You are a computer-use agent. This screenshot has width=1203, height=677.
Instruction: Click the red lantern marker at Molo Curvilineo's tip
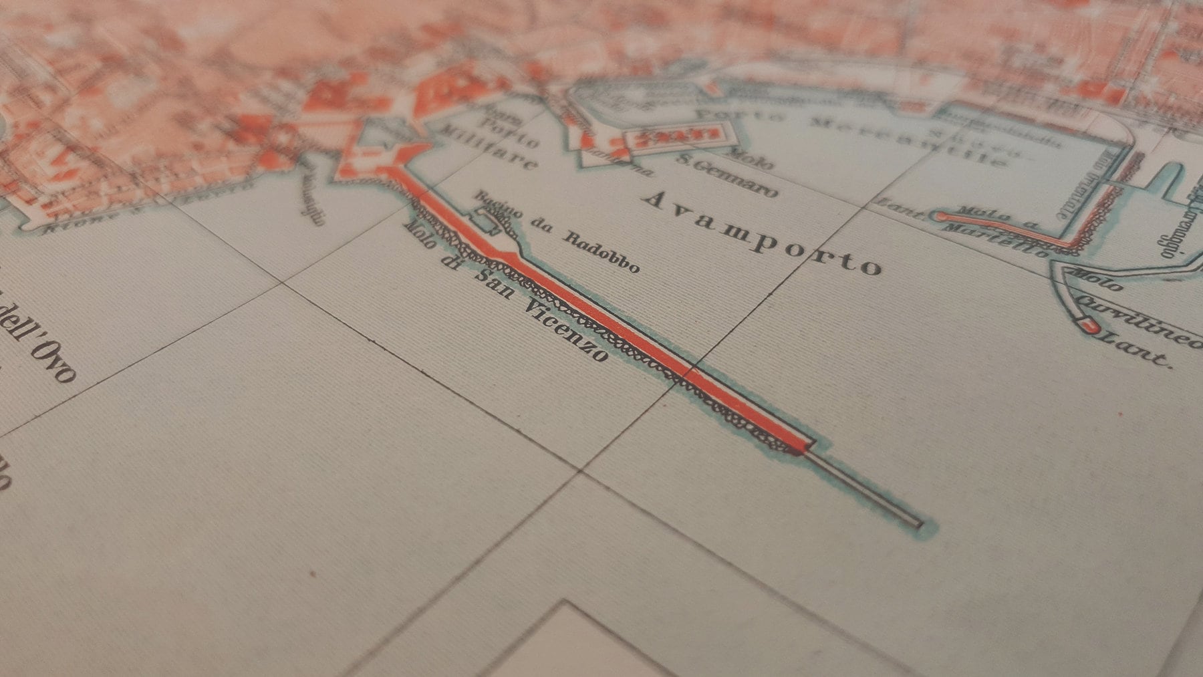[1088, 325]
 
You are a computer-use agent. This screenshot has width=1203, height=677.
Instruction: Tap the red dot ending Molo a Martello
[942, 216]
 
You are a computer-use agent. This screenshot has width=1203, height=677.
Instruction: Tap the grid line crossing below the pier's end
[579, 471]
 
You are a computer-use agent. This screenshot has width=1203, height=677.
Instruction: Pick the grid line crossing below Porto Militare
[283, 284]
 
